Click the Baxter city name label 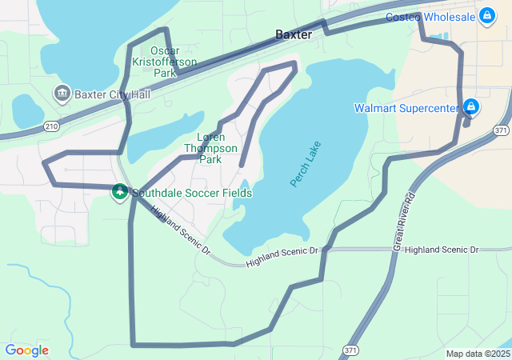coord(293,34)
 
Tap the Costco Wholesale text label coord(430,17)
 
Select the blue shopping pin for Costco coord(486,15)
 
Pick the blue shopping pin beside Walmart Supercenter coord(471,106)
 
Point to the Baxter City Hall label coord(112,94)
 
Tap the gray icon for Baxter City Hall coord(62,94)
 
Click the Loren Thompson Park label coord(210,148)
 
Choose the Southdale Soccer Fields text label coord(192,193)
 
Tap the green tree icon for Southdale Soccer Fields coord(119,192)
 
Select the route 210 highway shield coord(52,126)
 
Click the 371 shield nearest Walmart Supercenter coord(501,130)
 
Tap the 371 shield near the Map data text coord(350,350)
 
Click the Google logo coord(27,350)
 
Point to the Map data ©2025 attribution coord(477,354)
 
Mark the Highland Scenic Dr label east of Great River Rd coord(441,250)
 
